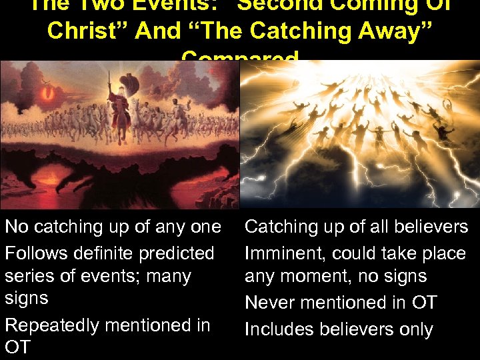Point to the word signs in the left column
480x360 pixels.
coord(27,298)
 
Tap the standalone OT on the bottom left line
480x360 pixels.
coord(18,348)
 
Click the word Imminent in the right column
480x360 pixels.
coord(284,253)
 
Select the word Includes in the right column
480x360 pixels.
coord(280,329)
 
